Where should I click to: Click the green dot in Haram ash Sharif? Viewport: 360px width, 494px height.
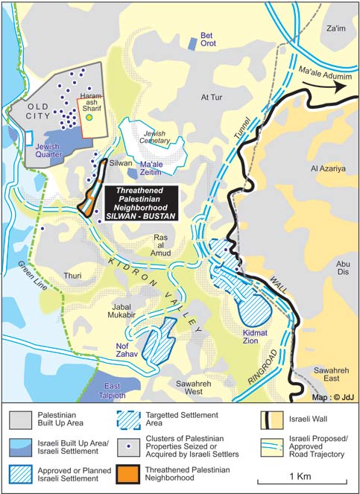pyautogui.click(x=89, y=116)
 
